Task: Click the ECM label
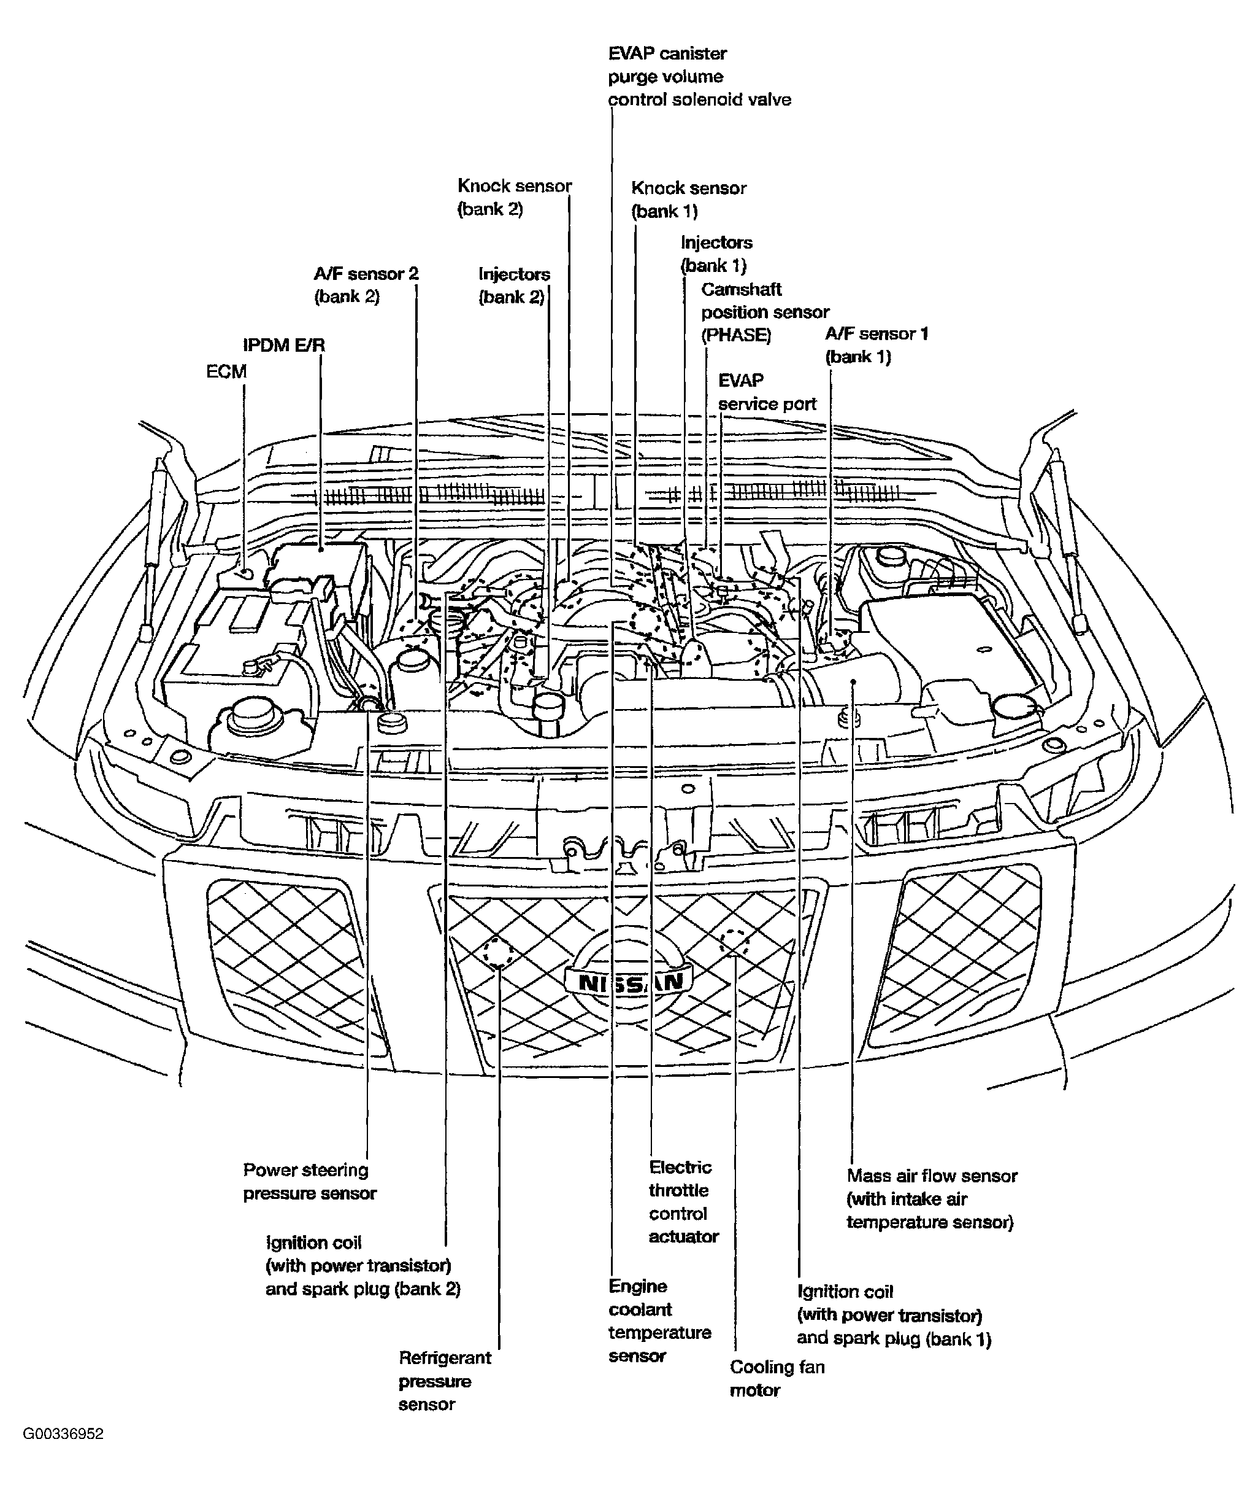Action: coord(226,372)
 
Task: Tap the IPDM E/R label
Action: coord(284,346)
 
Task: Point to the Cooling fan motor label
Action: coord(777,1378)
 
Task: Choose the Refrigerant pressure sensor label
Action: coord(444,1380)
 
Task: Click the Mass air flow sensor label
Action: coord(931,1198)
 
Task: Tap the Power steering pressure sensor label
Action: coord(310,1181)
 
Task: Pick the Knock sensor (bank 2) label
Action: coord(514,198)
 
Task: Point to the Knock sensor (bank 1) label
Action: coord(688,199)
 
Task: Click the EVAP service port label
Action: coord(767,392)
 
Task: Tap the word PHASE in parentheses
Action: coord(736,335)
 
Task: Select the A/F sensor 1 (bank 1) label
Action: coord(876,344)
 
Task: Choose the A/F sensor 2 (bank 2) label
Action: coord(366,285)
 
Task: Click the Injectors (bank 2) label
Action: coord(513,285)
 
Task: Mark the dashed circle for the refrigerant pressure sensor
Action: coord(499,953)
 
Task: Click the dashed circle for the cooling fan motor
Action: coord(735,941)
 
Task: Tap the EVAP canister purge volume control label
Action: coord(699,76)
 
